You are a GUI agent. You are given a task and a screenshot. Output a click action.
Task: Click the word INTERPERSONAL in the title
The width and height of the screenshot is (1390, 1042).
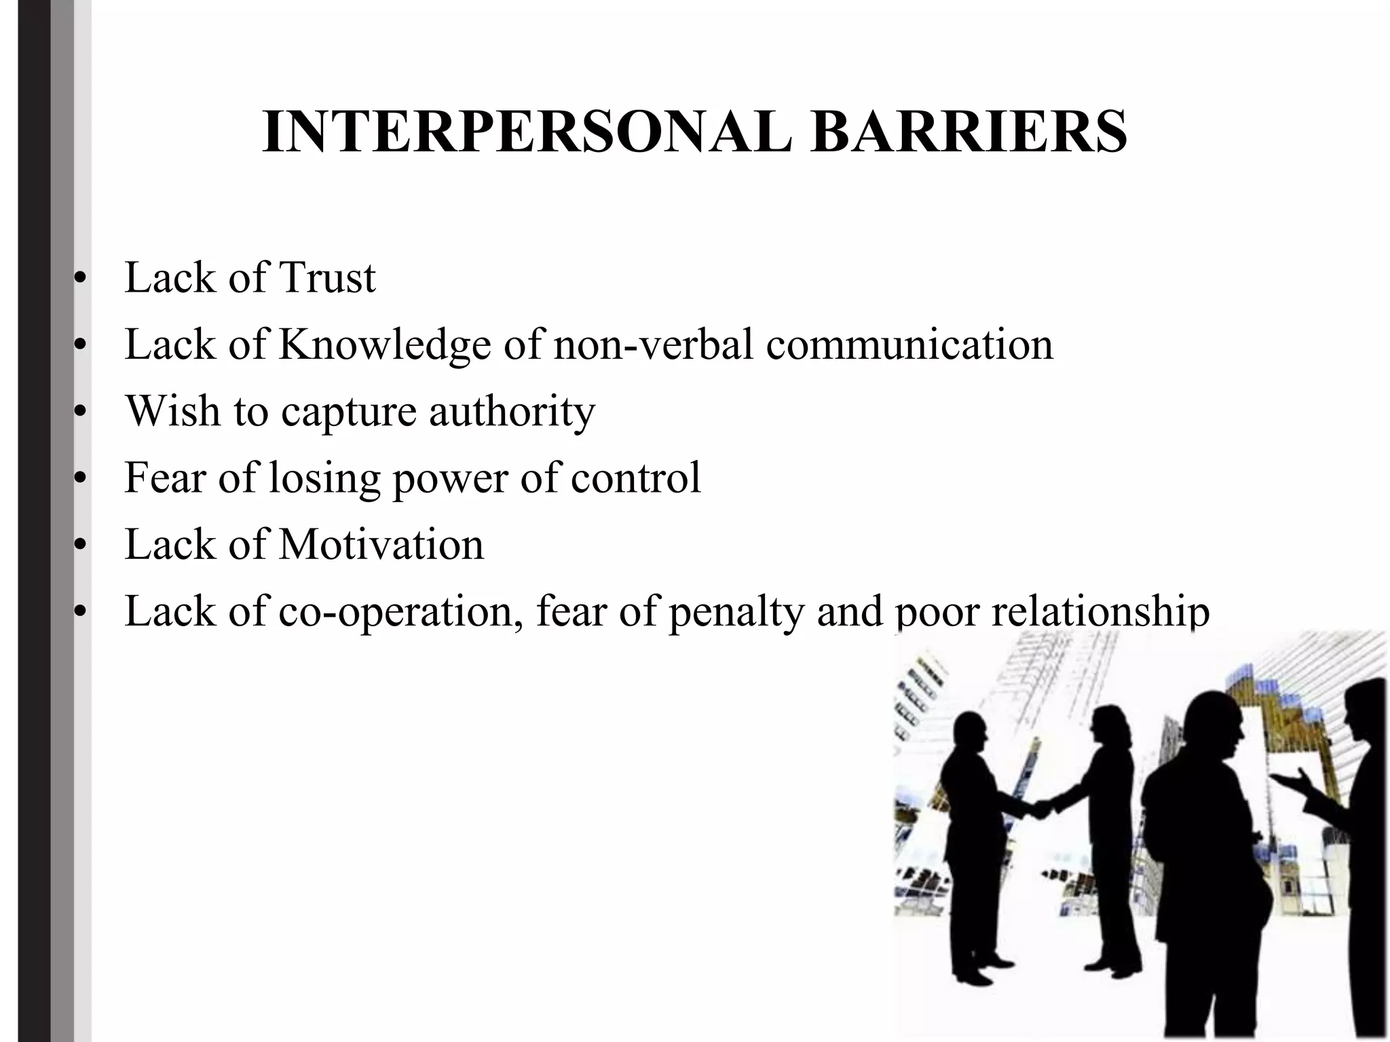(x=526, y=132)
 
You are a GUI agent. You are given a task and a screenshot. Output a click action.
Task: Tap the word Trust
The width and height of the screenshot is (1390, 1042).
(x=327, y=278)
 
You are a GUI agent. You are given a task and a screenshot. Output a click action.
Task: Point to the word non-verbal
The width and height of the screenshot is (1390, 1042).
(x=653, y=345)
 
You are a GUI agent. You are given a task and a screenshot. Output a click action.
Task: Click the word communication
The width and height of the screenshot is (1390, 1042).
(x=909, y=345)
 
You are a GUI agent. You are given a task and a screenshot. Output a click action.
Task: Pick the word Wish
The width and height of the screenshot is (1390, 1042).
(x=173, y=411)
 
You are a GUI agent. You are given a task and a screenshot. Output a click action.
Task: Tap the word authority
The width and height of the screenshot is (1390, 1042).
(x=512, y=411)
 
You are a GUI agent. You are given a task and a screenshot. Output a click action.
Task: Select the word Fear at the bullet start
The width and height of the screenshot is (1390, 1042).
(x=165, y=478)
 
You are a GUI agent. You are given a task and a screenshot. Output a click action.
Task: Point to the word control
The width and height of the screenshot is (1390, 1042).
(x=635, y=478)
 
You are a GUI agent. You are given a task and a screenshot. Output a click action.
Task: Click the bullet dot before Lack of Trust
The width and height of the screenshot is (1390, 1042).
(x=81, y=279)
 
